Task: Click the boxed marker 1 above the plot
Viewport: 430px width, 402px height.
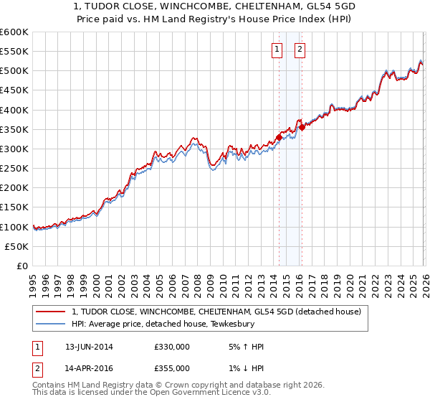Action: click(277, 50)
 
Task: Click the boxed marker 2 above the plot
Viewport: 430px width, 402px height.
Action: click(300, 50)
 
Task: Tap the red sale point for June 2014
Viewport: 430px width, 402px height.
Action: click(279, 137)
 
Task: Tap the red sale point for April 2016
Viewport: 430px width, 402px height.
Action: click(302, 127)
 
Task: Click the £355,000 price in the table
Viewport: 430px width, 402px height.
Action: click(172, 368)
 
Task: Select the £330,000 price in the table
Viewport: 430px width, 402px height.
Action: click(172, 347)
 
